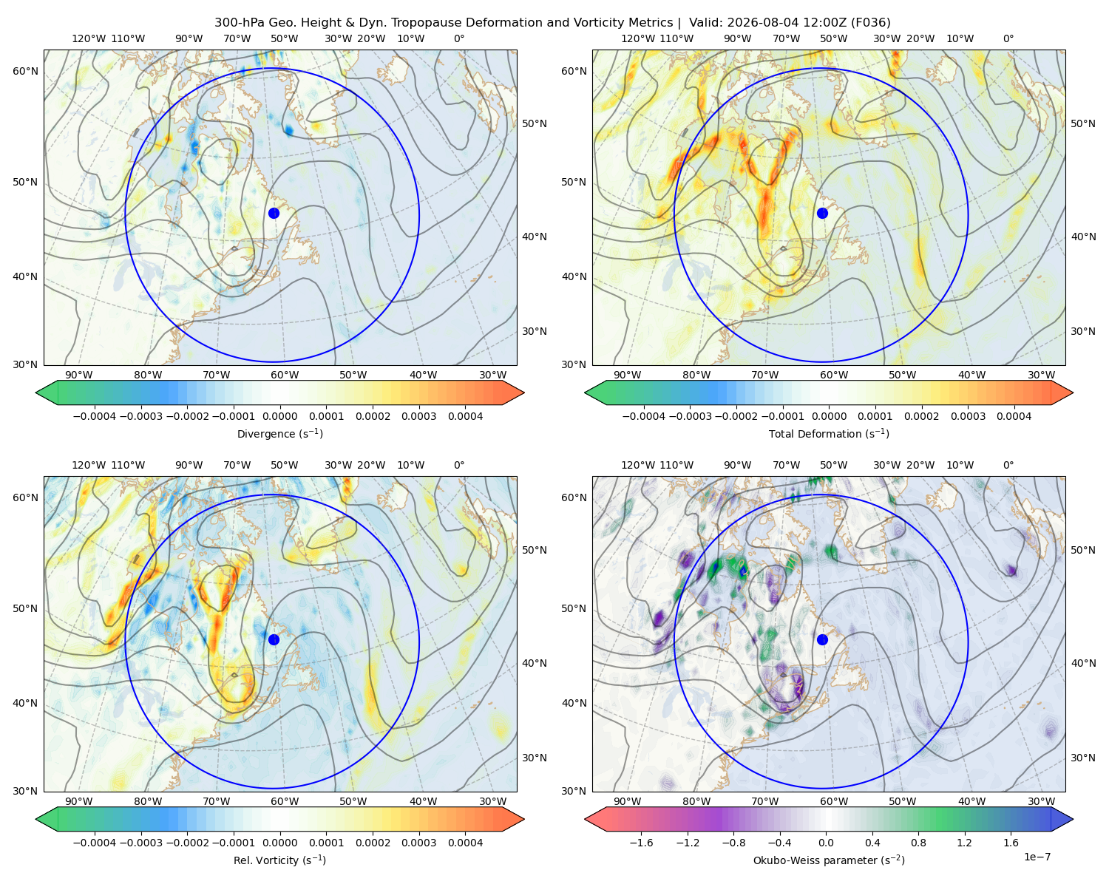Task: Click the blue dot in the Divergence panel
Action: click(x=274, y=214)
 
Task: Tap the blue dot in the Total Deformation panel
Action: click(x=822, y=214)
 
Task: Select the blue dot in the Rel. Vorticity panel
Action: click(x=274, y=639)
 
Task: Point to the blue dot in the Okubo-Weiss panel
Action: click(x=822, y=639)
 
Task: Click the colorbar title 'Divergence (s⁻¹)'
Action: click(x=279, y=434)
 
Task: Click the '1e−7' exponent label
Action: click(x=1037, y=857)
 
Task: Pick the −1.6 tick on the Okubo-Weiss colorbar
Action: click(x=641, y=843)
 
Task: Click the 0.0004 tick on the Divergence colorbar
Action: click(x=465, y=416)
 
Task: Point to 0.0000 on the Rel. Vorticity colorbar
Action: click(x=279, y=843)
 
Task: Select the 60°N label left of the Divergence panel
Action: click(x=25, y=71)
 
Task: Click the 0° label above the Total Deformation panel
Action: click(x=1008, y=38)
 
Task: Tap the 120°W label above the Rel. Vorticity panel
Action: click(x=89, y=465)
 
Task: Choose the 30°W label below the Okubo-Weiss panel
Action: click(x=1041, y=801)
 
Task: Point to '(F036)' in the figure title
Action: click(x=871, y=23)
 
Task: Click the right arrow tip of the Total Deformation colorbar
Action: click(x=1073, y=392)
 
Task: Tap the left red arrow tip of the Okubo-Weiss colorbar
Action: click(x=585, y=819)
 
